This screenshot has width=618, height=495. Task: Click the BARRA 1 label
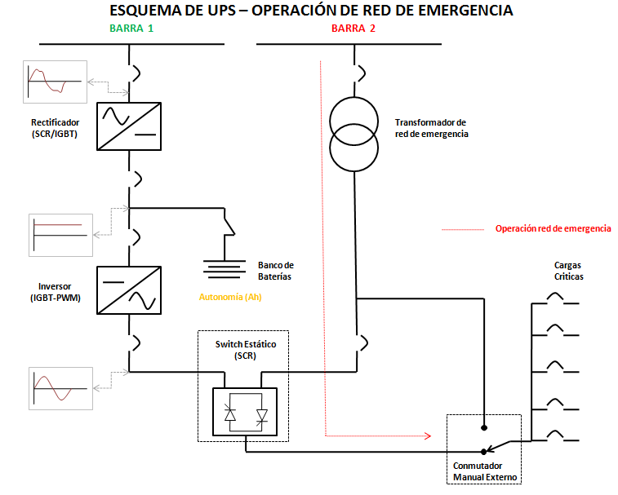pyautogui.click(x=131, y=28)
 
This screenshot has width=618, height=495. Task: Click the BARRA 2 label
pyautogui.click(x=353, y=28)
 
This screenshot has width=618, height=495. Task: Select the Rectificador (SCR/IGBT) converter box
pyautogui.click(x=129, y=126)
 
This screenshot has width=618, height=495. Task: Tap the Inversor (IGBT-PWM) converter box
pyautogui.click(x=129, y=289)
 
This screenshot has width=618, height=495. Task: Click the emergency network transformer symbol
pyautogui.click(x=355, y=134)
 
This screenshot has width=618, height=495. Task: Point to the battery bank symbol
pyautogui.click(x=224, y=268)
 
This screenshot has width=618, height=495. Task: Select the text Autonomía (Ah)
pyautogui.click(x=230, y=297)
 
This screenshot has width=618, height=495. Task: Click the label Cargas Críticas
pyautogui.click(x=568, y=271)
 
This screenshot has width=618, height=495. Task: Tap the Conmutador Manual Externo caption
pyautogui.click(x=485, y=471)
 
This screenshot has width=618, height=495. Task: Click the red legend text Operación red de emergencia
pyautogui.click(x=553, y=229)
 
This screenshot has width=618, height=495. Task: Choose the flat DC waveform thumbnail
pyautogui.click(x=60, y=236)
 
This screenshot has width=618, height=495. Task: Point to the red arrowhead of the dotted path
pyautogui.click(x=427, y=435)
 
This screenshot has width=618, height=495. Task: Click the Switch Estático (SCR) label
pyautogui.click(x=245, y=351)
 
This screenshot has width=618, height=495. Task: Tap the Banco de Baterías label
pyautogui.click(x=275, y=271)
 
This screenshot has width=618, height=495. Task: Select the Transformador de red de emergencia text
pyautogui.click(x=431, y=127)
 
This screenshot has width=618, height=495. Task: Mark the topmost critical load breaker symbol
pyautogui.click(x=555, y=299)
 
